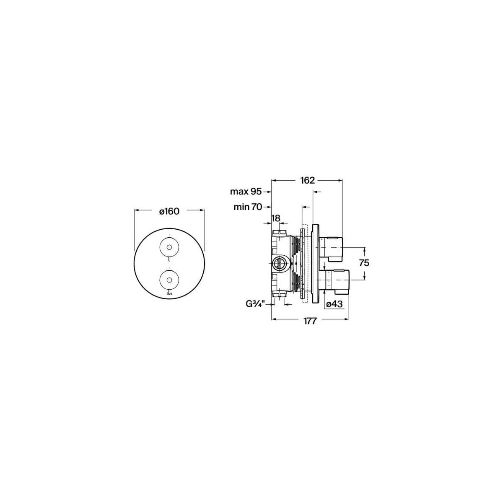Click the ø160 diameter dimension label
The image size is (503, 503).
tap(169, 211)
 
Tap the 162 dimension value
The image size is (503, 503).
tap(308, 180)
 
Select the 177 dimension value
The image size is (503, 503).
tap(310, 322)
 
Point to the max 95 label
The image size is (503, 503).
tap(246, 192)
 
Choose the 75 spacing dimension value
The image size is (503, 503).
tap(364, 263)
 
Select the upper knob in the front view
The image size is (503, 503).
tap(169, 247)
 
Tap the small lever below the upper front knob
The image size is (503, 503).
tap(169, 261)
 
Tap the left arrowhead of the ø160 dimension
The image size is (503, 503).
tap(136, 211)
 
